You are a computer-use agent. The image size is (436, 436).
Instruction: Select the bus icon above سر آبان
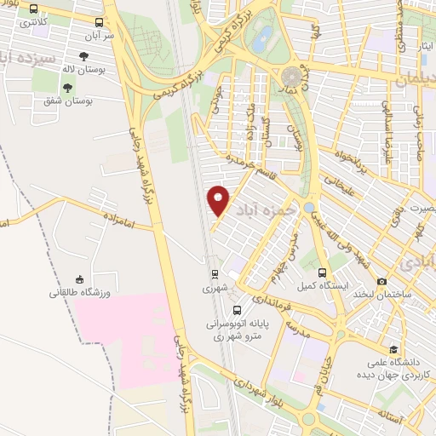100,23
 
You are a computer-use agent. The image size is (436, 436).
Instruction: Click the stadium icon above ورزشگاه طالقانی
80,278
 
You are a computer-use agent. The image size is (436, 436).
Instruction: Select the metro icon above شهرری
216,274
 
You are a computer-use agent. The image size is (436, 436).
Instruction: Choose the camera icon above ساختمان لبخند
382,281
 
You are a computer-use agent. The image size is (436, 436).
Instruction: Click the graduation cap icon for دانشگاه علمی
393,349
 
